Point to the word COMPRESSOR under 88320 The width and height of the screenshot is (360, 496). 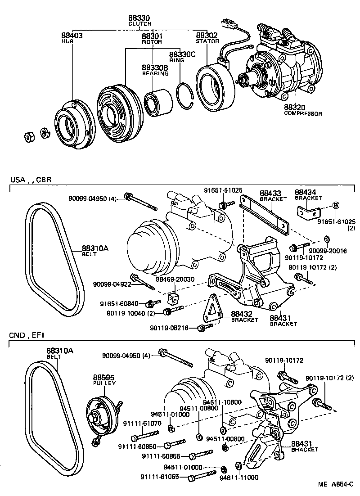point(303,114)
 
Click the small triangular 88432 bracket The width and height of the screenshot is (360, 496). point(213,310)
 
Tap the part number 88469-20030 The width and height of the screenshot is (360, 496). point(175,280)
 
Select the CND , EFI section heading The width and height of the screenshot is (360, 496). point(27,335)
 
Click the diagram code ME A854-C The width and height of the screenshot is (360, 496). point(336,485)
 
